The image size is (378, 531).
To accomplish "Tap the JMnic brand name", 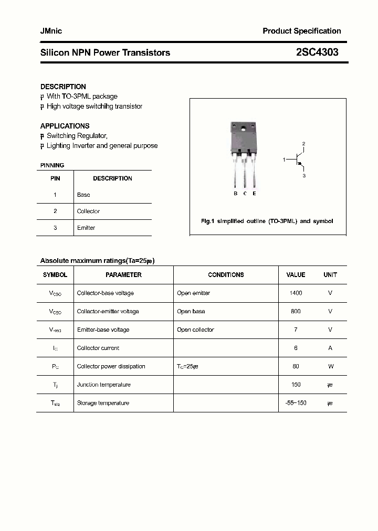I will tap(51, 31).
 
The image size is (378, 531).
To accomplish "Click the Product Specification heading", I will tap(301, 31).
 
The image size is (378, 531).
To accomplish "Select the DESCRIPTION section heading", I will tap(63, 87).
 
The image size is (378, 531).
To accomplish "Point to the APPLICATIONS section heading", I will tap(65, 126).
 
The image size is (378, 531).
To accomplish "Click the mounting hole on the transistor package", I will tap(243, 129).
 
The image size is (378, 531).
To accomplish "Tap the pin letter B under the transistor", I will tap(236, 194).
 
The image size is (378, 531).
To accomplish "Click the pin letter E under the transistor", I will tap(255, 194).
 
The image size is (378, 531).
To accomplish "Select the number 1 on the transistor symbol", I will tap(284, 158).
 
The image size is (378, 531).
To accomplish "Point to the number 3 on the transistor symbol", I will tap(303, 176).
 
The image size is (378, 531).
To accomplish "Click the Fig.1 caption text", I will tap(267, 221).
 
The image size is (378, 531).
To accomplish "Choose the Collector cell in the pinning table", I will tap(88, 211).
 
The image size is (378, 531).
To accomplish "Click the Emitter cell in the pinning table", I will tap(86, 228).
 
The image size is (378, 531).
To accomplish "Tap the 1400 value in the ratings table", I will tap(296, 293).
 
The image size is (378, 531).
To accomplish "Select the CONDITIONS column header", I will tap(226, 275).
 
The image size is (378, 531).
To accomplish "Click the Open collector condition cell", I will tap(195, 330).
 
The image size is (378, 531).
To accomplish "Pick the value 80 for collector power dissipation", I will tap(296, 367).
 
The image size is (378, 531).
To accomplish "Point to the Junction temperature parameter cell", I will tap(103, 385).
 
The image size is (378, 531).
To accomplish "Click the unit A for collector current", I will tap(330, 348).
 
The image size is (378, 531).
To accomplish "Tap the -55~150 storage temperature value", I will tap(296, 403).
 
